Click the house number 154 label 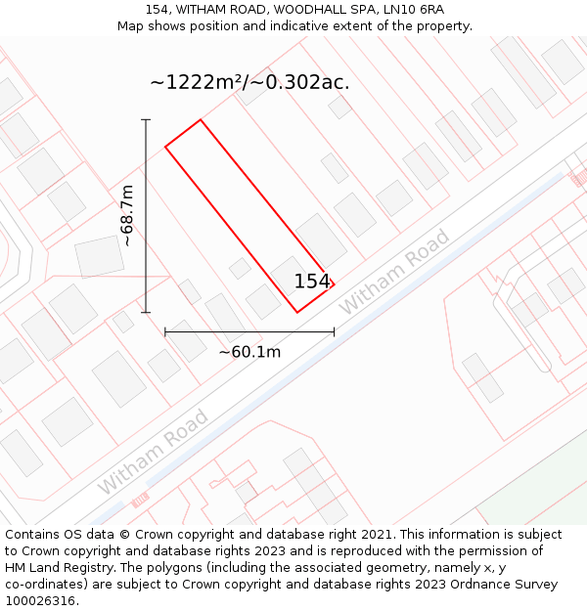312,282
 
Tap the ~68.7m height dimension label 127,216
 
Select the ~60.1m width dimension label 249,352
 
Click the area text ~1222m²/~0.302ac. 249,82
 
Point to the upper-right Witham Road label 394,272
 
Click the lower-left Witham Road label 153,452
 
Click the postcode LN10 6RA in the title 414,10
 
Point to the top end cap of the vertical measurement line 146,119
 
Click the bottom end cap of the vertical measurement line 146,313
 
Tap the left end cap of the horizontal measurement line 165,332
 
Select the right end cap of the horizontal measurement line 335,332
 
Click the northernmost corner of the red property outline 201,120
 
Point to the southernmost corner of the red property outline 297,313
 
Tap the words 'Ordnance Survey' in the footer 507,585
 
